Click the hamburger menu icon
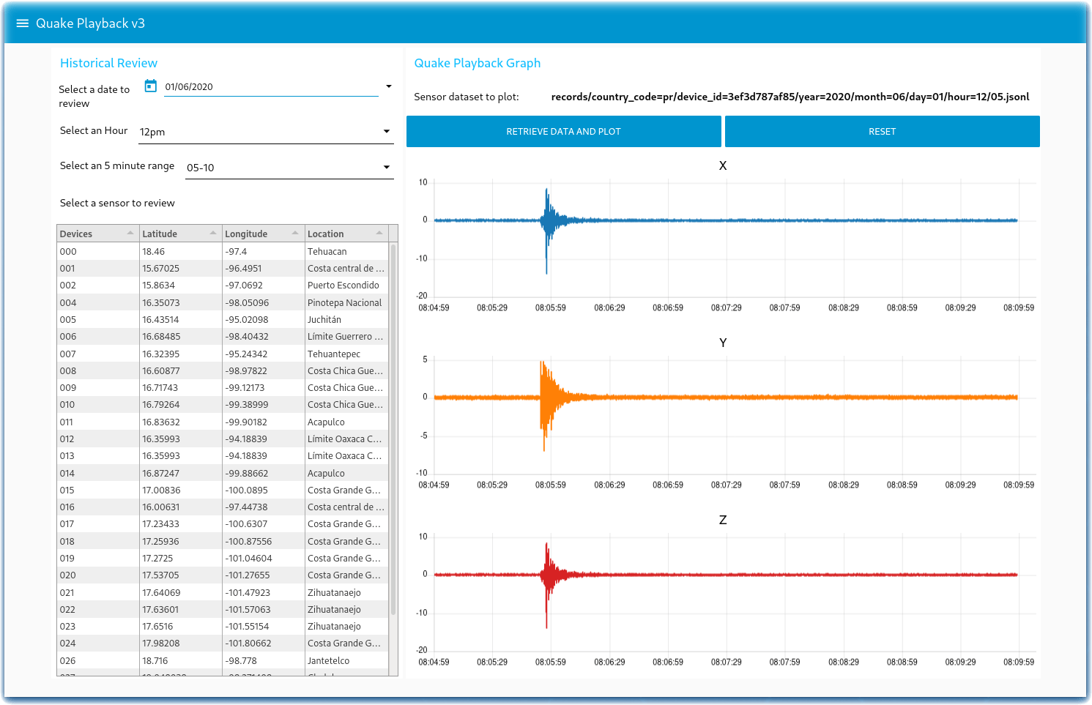pos(23,23)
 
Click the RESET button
pos(882,132)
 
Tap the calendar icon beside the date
pos(151,86)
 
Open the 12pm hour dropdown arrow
pos(387,131)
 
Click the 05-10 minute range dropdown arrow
pos(387,167)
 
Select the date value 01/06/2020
pos(189,86)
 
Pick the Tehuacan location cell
pos(327,251)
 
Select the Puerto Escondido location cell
pos(343,285)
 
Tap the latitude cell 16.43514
pos(160,320)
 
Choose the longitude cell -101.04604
pos(248,559)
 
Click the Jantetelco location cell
pos(328,660)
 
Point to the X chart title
pos(722,165)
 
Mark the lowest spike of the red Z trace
pos(546,627)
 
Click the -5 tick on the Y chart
pos(424,436)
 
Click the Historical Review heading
pos(108,63)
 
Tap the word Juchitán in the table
pos(324,320)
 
